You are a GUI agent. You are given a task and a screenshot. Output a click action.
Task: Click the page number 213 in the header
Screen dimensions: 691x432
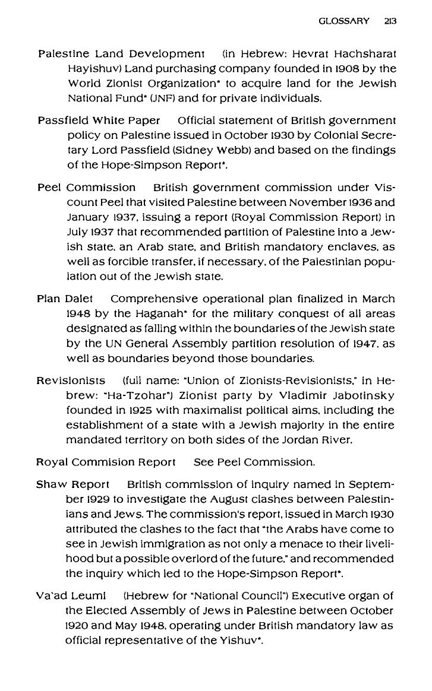(x=390, y=21)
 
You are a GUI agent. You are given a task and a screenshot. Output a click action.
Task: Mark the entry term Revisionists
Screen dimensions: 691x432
(x=71, y=380)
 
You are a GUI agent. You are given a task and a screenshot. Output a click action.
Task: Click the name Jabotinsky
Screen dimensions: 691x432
(x=370, y=395)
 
